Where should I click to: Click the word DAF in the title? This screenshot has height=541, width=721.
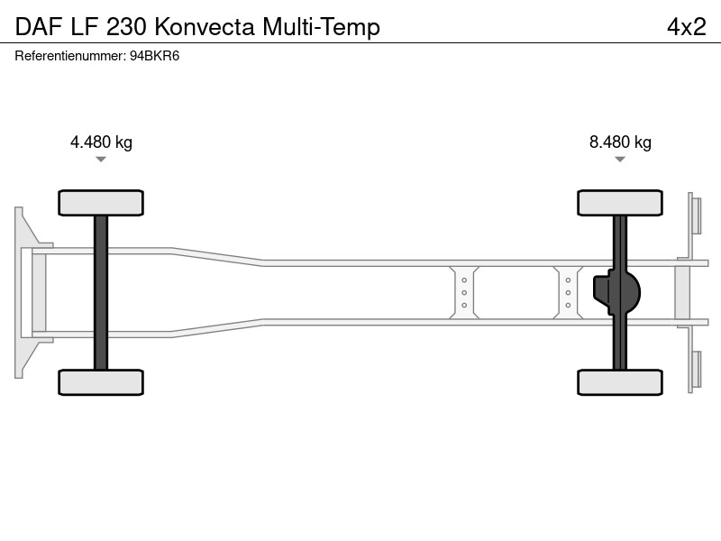tap(39, 27)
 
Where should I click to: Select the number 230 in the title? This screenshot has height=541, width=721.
tap(126, 27)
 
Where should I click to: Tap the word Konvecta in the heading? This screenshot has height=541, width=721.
tap(205, 27)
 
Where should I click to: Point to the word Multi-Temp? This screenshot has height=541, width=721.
tap(321, 28)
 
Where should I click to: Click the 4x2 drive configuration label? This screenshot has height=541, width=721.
tap(687, 27)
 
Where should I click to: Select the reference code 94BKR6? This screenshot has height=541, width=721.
tap(154, 56)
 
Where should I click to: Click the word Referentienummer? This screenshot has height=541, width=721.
tap(70, 56)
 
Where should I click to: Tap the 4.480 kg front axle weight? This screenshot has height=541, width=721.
tap(101, 142)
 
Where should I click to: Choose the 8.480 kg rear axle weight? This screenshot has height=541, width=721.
tap(620, 142)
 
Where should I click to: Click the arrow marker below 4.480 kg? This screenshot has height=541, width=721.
tap(101, 160)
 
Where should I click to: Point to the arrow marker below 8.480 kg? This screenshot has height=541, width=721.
tap(620, 160)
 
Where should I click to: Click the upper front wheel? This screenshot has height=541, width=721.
tap(101, 203)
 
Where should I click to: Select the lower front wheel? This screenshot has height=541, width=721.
tap(101, 382)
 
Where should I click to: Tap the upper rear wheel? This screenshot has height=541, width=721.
tap(620, 203)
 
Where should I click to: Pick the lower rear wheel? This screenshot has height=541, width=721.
tap(620, 382)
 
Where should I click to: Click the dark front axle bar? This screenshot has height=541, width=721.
tap(101, 292)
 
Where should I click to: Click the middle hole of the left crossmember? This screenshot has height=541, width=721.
tap(464, 292)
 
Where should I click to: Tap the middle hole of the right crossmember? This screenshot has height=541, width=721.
tap(568, 292)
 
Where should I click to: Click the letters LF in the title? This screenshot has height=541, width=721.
tap(84, 27)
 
